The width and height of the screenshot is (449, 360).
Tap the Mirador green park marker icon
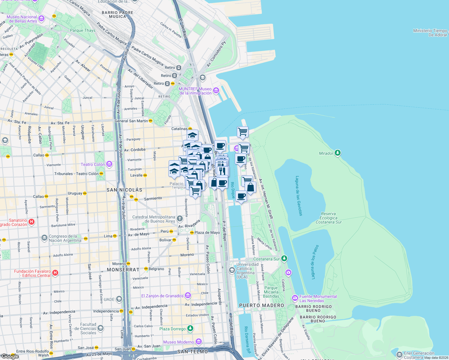pos(338,153)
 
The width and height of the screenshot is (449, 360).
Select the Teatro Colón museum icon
pos(109,164)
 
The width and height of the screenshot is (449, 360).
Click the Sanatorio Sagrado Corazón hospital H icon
pos(32,222)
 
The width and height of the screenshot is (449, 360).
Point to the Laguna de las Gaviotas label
pos(299,196)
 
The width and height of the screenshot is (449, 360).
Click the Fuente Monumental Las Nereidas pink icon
pos(295,298)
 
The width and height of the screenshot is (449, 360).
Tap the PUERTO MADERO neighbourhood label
pos(261,305)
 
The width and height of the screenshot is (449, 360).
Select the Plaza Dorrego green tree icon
pos(190,328)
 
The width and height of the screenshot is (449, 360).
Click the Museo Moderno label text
pos(179,342)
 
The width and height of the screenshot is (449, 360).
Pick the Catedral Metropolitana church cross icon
pos(179,219)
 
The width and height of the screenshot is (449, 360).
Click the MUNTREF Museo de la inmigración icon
pos(216,90)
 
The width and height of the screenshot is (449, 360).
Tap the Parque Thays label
pos(83,30)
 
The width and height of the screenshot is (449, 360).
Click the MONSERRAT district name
pos(123,270)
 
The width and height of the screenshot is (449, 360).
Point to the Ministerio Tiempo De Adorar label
pos(430,33)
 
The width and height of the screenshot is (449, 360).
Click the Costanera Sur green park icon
pos(284,258)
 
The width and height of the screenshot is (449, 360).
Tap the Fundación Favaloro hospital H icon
pos(55,273)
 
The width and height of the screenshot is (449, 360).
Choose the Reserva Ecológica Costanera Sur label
pos(328,218)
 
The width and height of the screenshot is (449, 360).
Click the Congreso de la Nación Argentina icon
pos(44,238)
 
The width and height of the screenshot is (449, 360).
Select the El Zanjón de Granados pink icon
pos(188,296)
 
